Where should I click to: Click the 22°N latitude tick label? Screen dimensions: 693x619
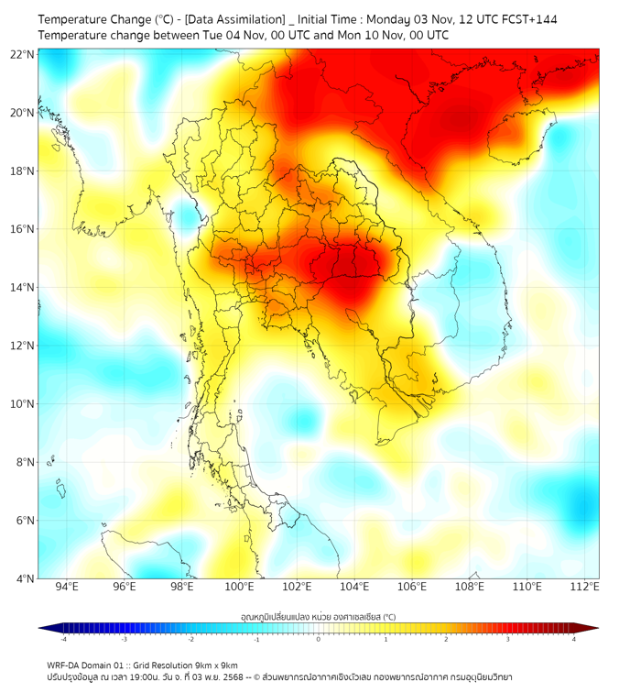point(23,55)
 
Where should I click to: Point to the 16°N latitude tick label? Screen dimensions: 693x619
point(23,229)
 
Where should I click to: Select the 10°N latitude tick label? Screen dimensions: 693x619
point(23,404)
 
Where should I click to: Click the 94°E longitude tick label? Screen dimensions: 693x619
point(67,587)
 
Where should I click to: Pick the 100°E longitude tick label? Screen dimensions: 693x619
point(239,587)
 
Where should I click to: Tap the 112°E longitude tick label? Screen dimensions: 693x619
point(584,587)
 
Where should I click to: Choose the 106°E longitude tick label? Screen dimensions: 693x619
point(412,587)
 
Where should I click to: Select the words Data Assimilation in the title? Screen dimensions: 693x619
point(234,19)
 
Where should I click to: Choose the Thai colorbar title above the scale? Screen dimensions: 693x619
point(318,617)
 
